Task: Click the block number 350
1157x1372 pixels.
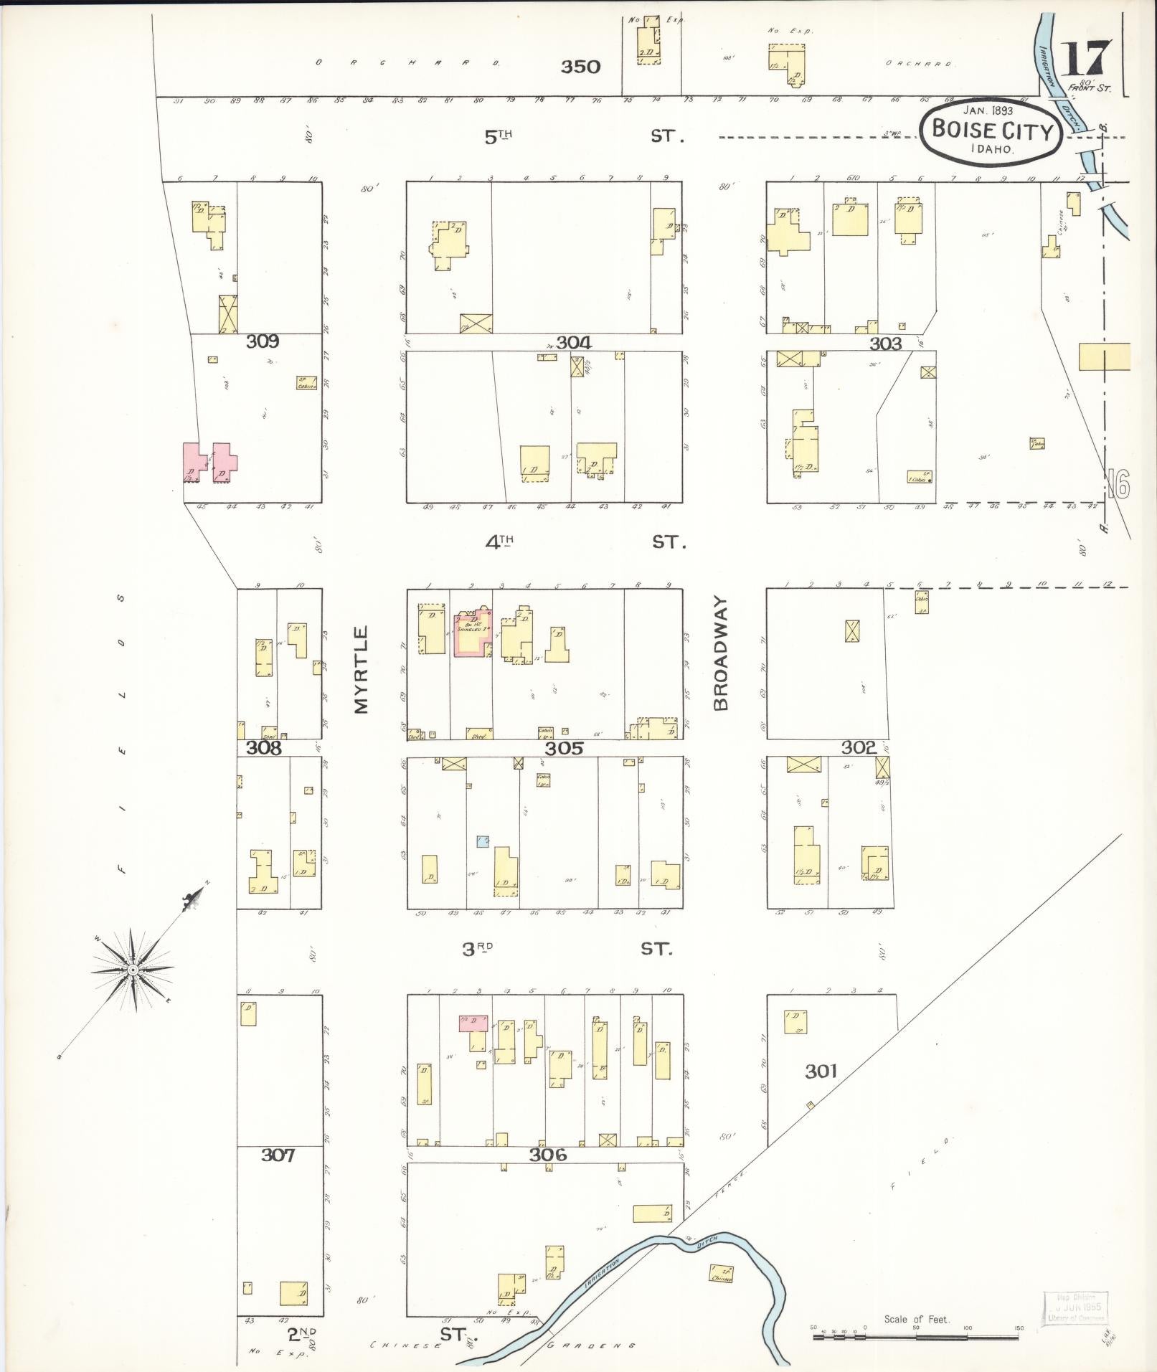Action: (x=580, y=67)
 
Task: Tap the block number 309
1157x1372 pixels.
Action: (x=263, y=341)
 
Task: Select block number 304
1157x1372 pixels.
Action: (x=573, y=343)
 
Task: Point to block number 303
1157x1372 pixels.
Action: (x=885, y=344)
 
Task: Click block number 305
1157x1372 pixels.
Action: (x=564, y=749)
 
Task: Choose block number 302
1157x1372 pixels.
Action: (x=859, y=748)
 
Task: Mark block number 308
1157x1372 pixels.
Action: (x=264, y=748)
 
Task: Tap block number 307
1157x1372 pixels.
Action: (x=278, y=1155)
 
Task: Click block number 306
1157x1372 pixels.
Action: (x=549, y=1155)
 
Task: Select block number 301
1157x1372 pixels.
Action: (x=821, y=1071)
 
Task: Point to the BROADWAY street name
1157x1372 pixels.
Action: (x=721, y=653)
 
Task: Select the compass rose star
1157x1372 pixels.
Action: (x=133, y=970)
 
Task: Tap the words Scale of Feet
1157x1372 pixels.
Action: (x=917, y=1319)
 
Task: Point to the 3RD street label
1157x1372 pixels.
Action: (x=478, y=949)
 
